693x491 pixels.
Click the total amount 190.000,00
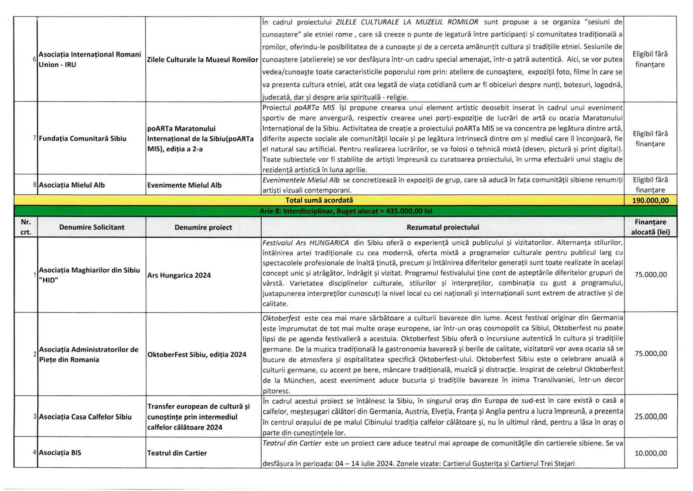point(650,200)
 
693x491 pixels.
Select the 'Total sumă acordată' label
point(319,200)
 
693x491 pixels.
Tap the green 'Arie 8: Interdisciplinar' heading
point(345,211)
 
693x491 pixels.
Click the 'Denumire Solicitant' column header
point(91,227)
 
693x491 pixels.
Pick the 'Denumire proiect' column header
point(203,227)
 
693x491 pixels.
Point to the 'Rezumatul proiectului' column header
point(442,227)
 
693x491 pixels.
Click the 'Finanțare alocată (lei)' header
point(650,227)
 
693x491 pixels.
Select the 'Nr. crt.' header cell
point(26,227)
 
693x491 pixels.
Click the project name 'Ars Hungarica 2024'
point(179,275)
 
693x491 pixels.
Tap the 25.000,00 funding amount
point(650,416)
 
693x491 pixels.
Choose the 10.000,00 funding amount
point(650,453)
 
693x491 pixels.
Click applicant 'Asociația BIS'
point(60,453)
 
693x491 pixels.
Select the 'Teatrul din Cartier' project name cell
point(177,453)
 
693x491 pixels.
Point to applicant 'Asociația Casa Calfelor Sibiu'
point(85,417)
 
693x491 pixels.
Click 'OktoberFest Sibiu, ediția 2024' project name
point(196,355)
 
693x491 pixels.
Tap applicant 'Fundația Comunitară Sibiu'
point(82,138)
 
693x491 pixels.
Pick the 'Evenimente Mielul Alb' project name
point(184,185)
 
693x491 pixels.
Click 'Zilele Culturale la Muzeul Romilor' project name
point(202,60)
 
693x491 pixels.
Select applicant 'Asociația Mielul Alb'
point(71,185)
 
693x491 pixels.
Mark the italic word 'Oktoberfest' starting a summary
point(281,318)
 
